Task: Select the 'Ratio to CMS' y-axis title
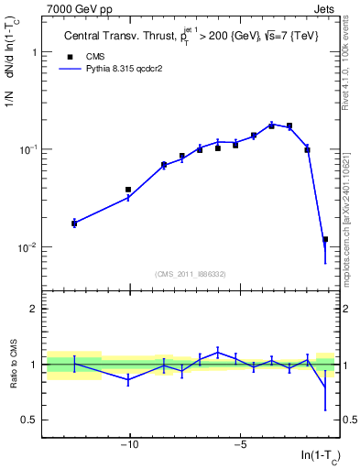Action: pos(12,364)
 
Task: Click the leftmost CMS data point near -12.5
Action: pos(74,223)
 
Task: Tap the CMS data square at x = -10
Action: pos(128,190)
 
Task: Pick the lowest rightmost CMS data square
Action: pos(325,240)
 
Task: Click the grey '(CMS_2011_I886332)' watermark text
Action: pos(191,274)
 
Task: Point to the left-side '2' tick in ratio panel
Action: pos(34,309)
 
